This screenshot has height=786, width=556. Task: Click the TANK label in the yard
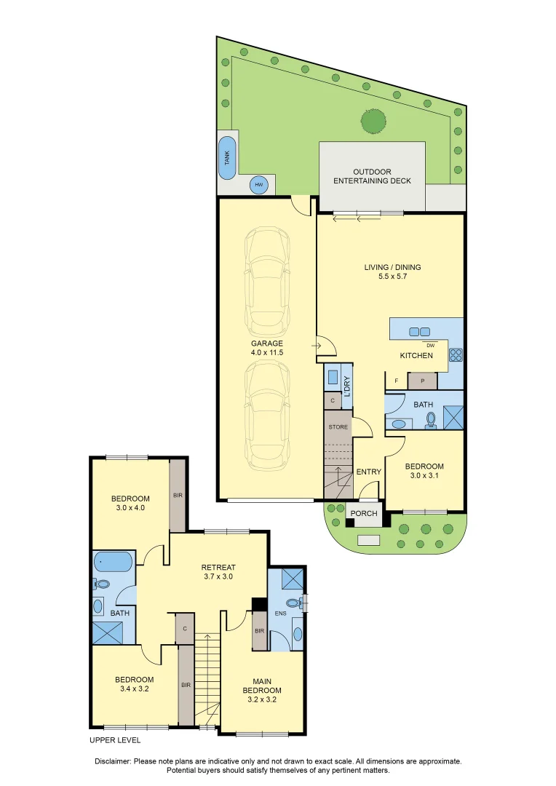(x=227, y=158)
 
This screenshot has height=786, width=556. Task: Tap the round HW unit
(x=258, y=185)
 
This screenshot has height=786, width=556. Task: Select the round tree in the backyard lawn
(x=373, y=121)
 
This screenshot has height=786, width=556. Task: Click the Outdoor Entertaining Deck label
(x=372, y=176)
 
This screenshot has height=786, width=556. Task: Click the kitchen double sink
(x=419, y=331)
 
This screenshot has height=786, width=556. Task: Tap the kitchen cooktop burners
(x=456, y=354)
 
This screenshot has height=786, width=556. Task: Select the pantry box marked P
(x=422, y=381)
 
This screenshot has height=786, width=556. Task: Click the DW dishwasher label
(x=430, y=346)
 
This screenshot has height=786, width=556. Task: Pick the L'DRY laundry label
(x=347, y=386)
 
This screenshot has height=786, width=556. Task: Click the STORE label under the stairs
(x=338, y=427)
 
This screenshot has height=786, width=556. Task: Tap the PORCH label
(x=364, y=513)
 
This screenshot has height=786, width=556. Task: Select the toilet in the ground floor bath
(x=430, y=424)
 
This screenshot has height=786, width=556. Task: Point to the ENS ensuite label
(x=281, y=613)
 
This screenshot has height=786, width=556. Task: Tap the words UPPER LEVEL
(x=115, y=740)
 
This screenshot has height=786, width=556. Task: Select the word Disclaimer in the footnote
(x=113, y=761)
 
